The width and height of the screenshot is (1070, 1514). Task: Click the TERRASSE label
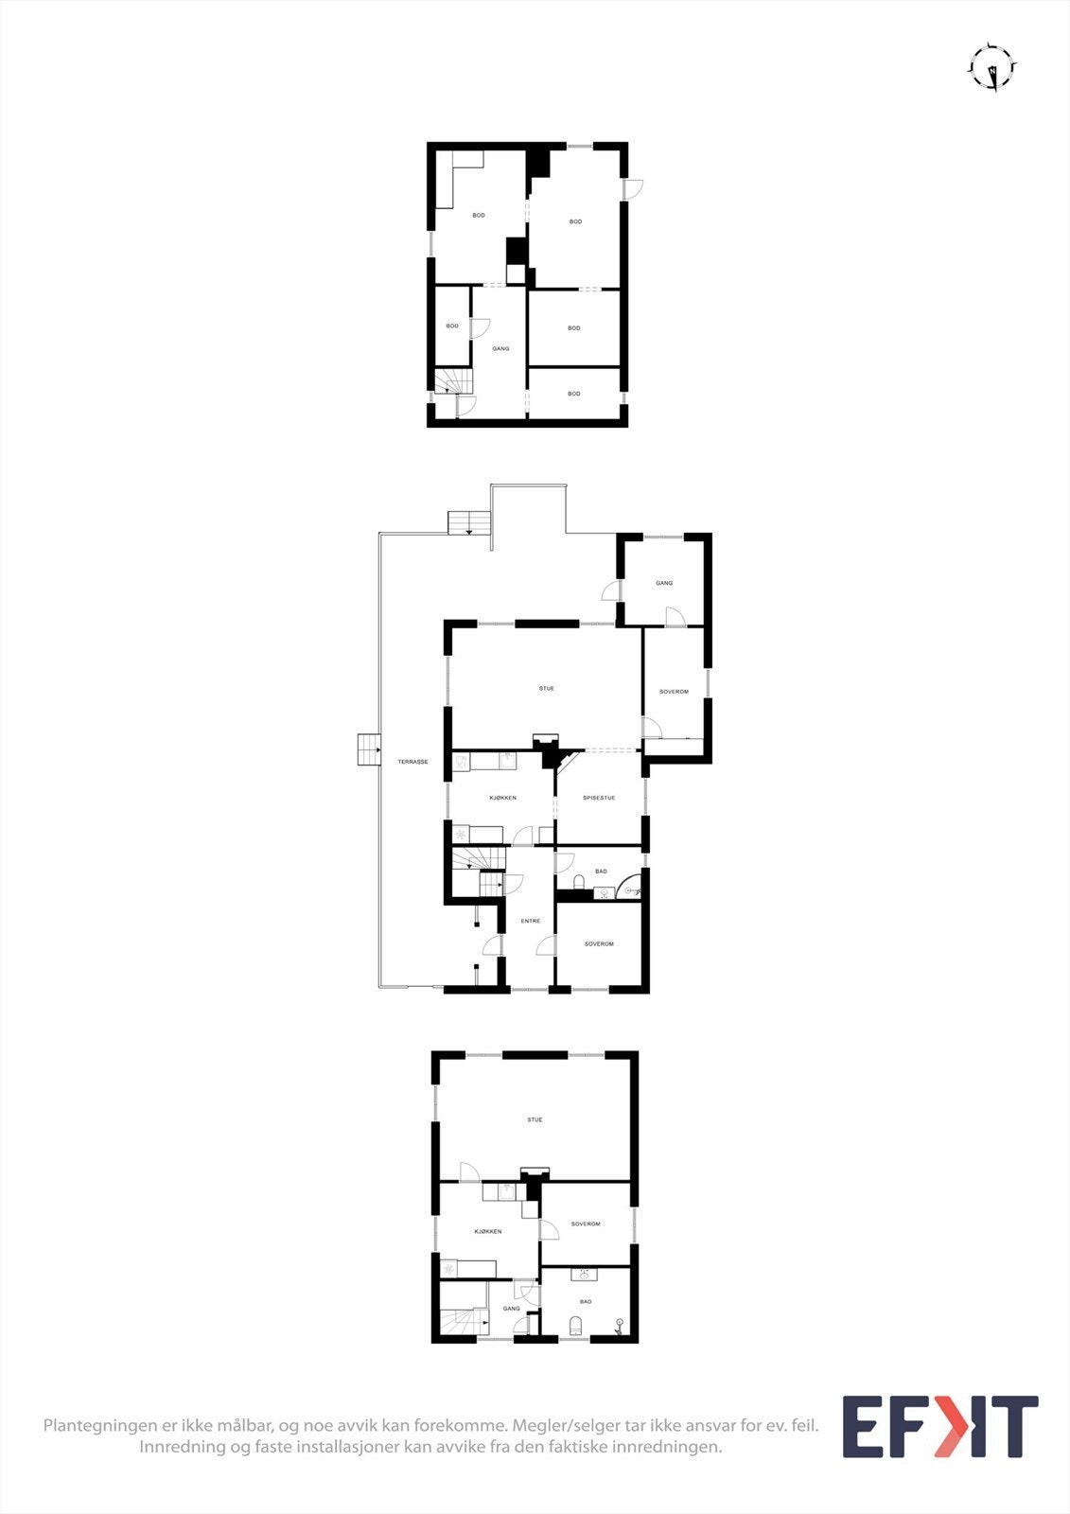(x=412, y=762)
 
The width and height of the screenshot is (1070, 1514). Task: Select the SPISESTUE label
(x=599, y=798)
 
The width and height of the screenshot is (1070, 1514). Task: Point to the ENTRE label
(x=531, y=921)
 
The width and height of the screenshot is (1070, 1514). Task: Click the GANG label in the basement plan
(x=500, y=348)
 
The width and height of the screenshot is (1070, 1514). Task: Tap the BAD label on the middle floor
(x=601, y=871)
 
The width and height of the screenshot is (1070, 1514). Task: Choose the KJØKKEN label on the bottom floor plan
(x=488, y=1231)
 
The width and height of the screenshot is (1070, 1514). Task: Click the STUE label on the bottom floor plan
(x=535, y=1119)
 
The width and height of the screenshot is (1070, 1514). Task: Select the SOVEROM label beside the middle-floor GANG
(x=674, y=692)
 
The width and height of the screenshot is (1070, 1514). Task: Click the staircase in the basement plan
(x=452, y=381)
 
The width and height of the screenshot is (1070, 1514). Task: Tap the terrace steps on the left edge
(x=367, y=749)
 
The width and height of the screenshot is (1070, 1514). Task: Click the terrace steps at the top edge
(x=470, y=522)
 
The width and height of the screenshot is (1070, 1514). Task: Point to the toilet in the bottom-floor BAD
(x=575, y=1324)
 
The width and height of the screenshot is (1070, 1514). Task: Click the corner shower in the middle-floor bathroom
(x=631, y=889)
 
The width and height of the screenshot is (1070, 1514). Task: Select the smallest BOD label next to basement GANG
(x=452, y=326)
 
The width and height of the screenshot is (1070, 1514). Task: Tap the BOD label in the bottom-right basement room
(x=573, y=394)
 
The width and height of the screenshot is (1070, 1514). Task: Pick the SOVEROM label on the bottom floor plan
(x=586, y=1224)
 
